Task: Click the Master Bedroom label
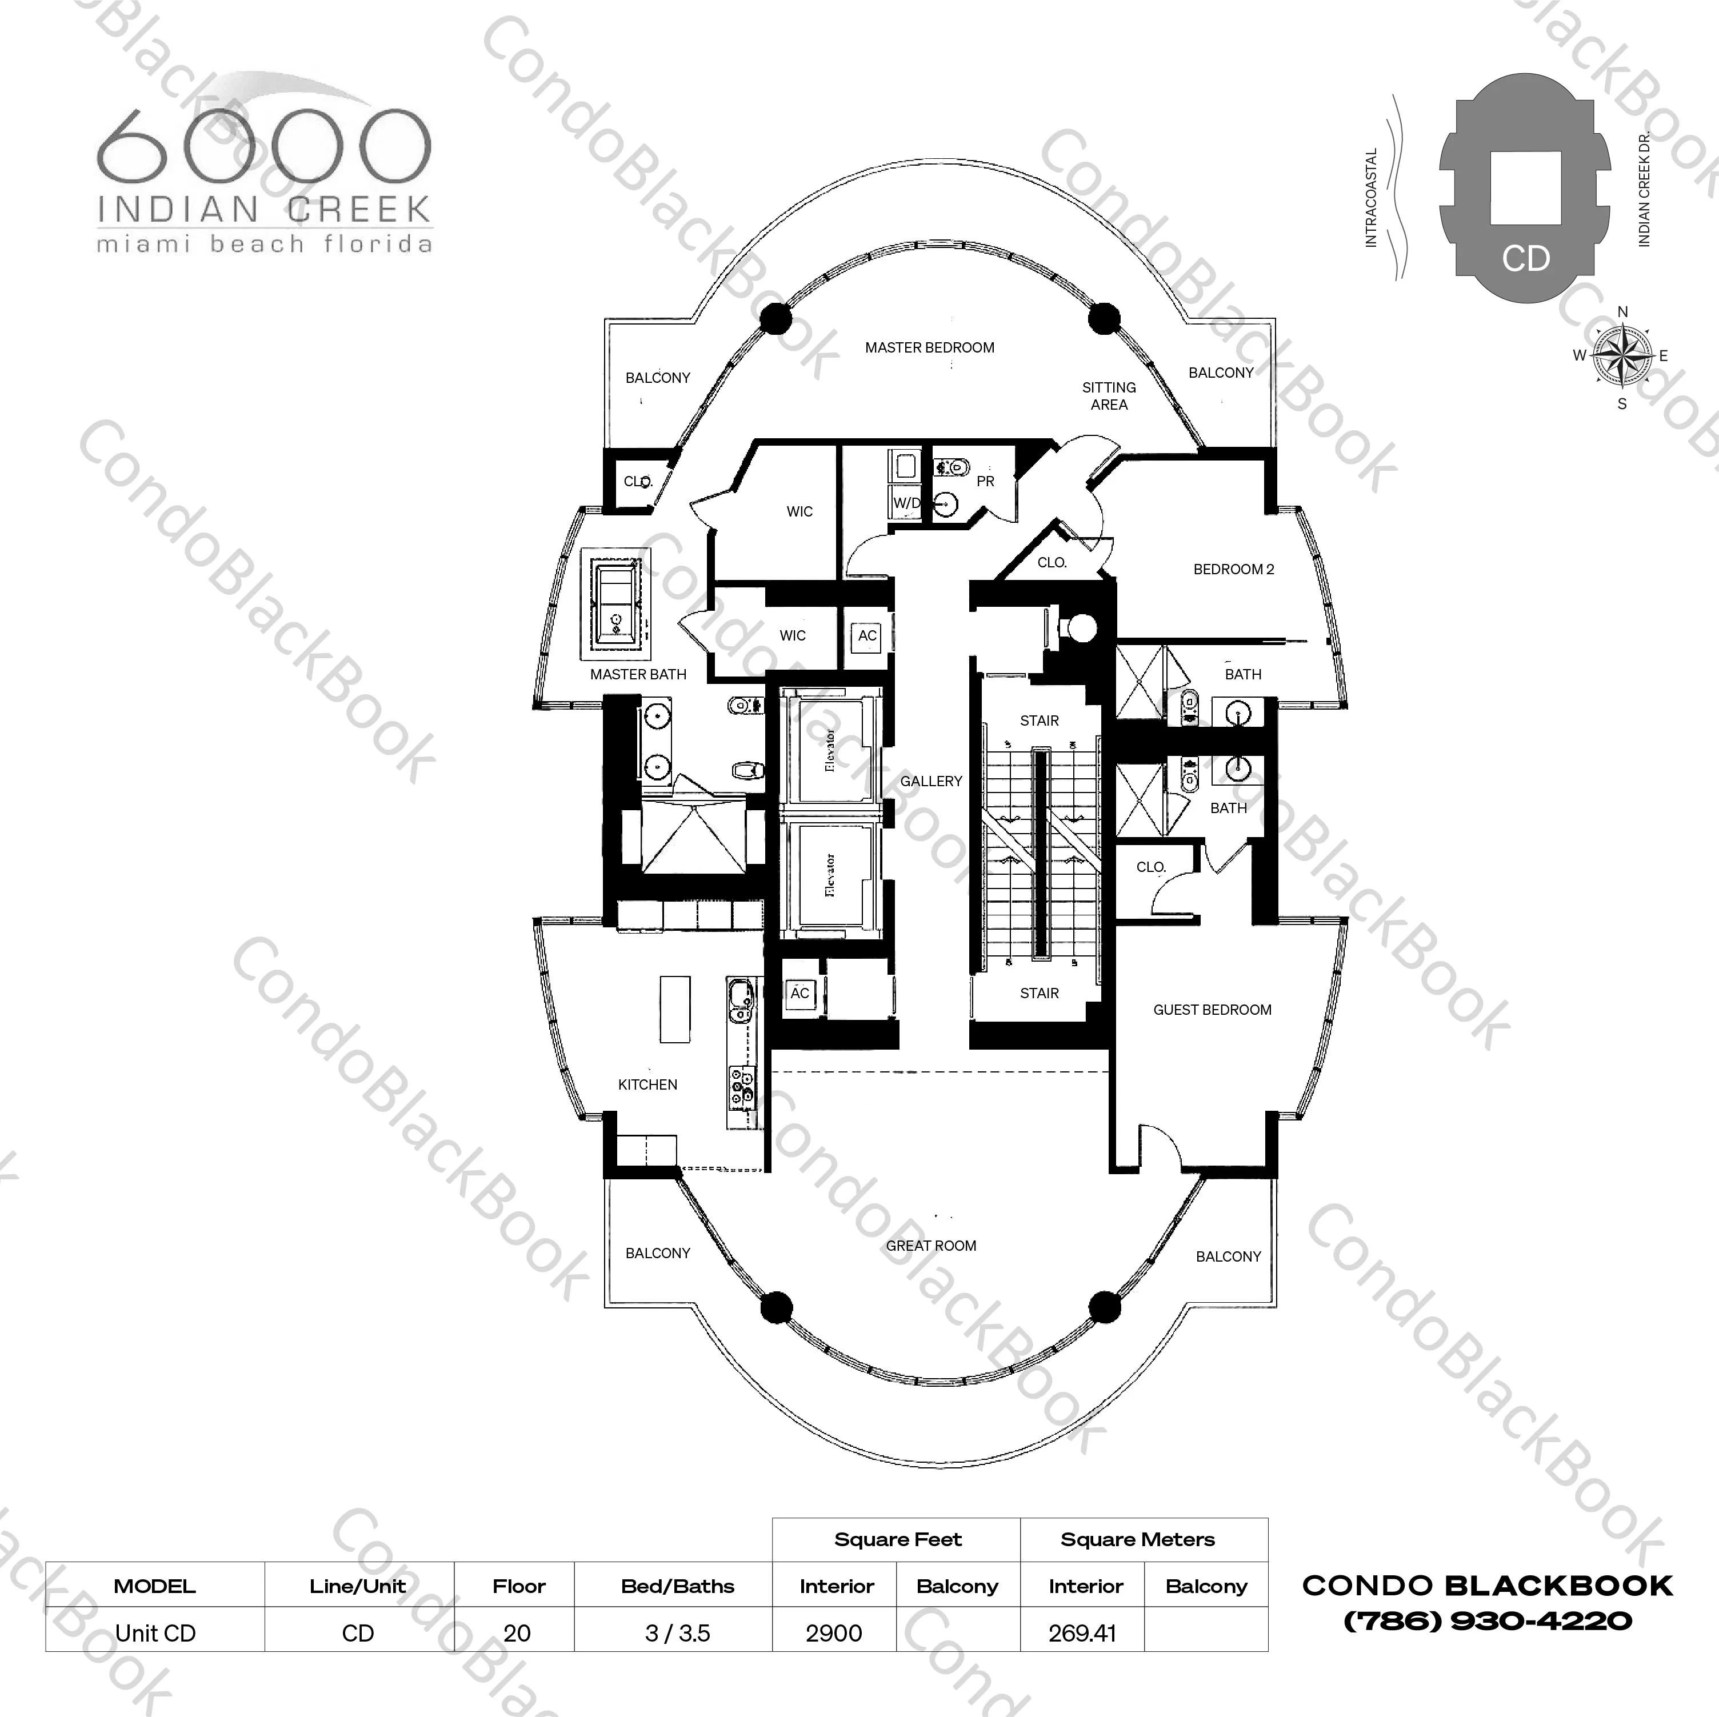930,348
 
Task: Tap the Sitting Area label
1109,396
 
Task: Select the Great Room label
931,1246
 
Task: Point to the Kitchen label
647,1084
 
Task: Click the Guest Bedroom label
1212,1010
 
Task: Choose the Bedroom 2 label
1233,569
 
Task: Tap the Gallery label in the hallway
931,781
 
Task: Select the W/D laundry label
907,503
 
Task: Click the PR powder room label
986,481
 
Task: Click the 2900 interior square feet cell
834,1634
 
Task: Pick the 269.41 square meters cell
1082,1634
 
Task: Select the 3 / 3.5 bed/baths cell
678,1634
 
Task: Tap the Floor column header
519,1586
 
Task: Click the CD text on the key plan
1526,259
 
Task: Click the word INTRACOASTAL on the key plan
1371,198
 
